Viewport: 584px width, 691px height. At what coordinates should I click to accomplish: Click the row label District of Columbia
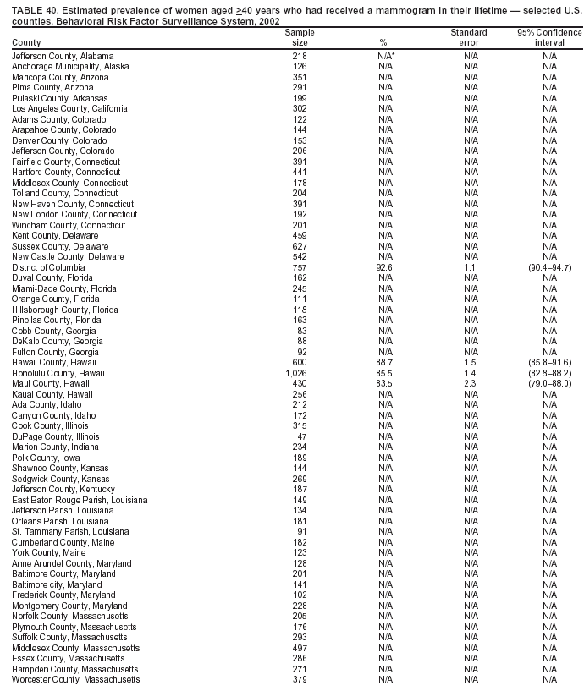[48, 267]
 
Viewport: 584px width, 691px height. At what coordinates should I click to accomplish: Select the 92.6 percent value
[385, 267]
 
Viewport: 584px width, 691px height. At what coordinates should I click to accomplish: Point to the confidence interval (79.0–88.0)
[549, 383]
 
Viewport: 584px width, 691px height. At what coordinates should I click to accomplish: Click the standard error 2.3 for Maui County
[468, 383]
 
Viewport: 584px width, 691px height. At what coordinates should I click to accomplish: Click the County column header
[25, 42]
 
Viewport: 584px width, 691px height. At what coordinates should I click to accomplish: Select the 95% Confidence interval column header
[549, 37]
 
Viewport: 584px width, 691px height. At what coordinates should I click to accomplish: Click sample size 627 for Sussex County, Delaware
[300, 246]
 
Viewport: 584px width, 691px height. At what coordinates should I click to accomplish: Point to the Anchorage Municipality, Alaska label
[70, 66]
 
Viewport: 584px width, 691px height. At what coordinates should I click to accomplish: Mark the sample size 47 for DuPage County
[300, 436]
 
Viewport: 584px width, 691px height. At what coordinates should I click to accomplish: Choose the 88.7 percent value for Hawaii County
[385, 362]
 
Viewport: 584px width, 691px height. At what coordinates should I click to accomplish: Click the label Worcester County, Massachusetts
[75, 679]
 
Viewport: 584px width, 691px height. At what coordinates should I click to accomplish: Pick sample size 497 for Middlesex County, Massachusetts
[300, 648]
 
